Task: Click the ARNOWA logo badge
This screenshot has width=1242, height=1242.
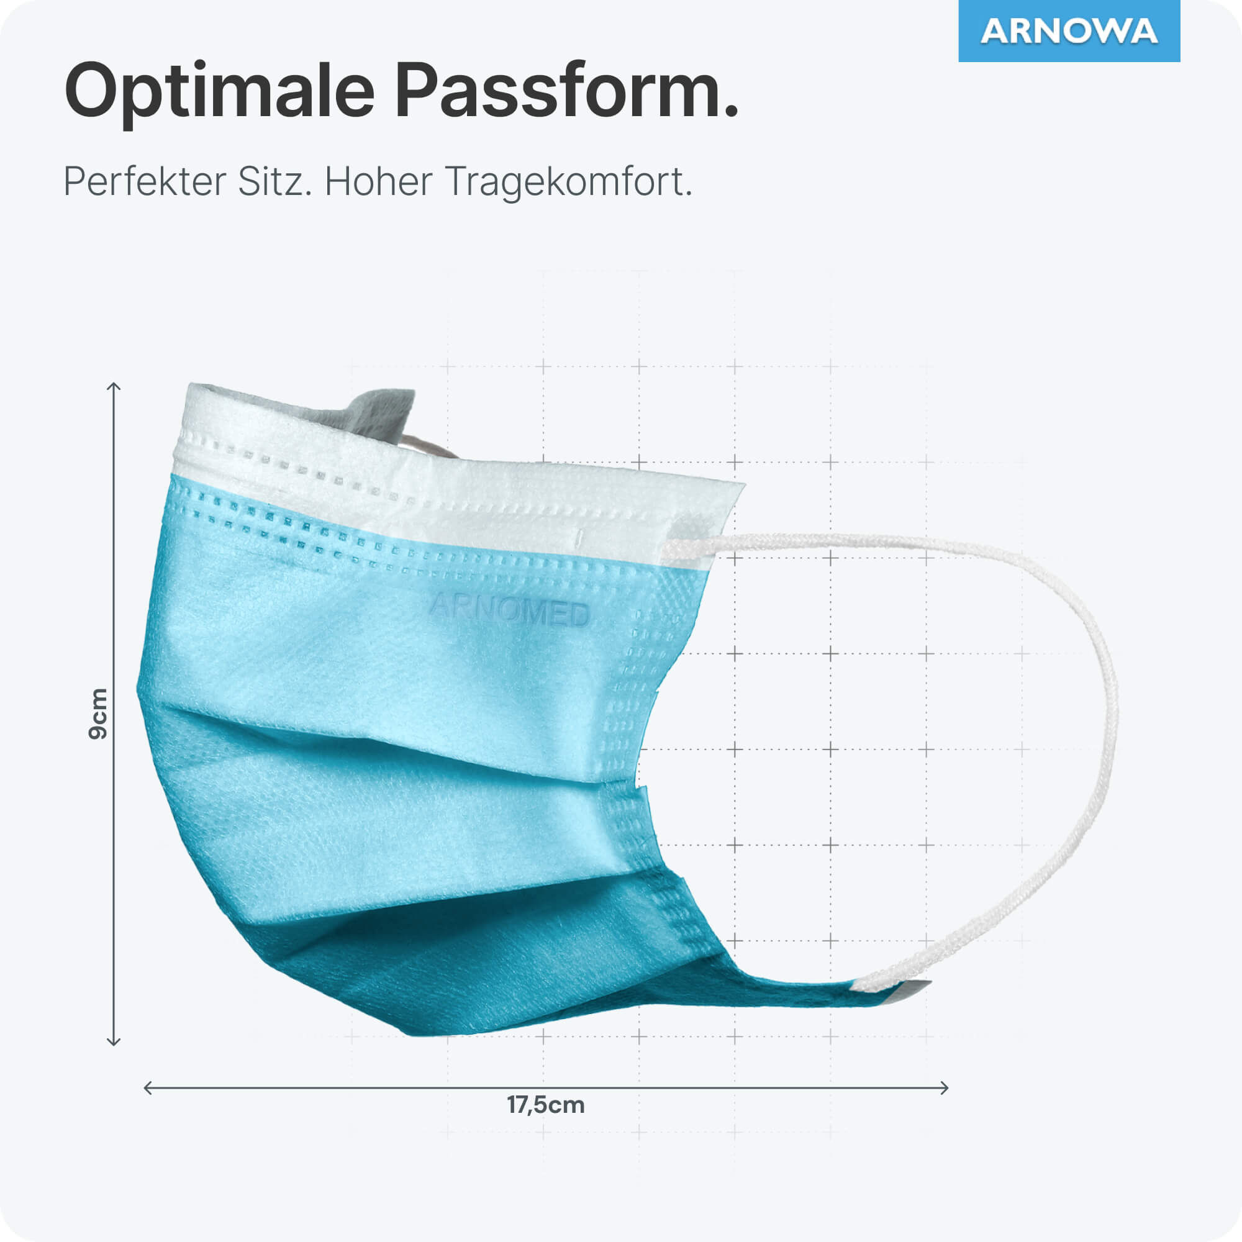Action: pos(1069,31)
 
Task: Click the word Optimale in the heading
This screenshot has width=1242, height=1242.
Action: pos(219,92)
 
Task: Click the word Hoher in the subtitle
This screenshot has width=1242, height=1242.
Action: pos(378,181)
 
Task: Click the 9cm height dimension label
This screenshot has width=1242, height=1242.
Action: pos(98,714)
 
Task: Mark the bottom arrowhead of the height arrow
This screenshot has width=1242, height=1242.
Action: pos(114,1042)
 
